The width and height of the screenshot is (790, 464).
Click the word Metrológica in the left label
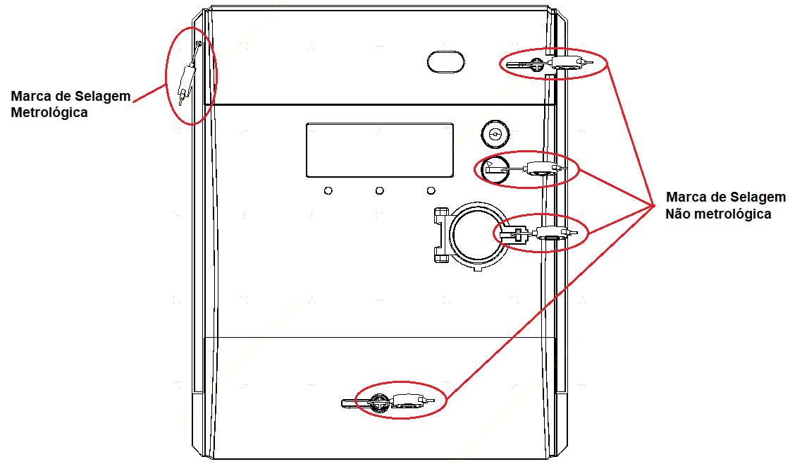49,112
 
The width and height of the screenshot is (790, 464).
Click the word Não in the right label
678,214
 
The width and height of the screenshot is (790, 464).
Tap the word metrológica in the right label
732,214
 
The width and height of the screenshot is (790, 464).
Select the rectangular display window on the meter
379,150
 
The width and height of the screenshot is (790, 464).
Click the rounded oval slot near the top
446,61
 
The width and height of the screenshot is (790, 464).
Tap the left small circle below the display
328,190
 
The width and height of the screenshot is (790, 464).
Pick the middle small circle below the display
379,190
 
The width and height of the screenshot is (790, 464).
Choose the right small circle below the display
431,190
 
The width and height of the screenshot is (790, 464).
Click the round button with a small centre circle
495,134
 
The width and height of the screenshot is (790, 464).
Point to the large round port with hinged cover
474,235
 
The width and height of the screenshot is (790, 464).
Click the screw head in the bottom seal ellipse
379,403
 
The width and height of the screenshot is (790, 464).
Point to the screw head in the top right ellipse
538,64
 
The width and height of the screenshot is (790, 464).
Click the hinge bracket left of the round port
442,235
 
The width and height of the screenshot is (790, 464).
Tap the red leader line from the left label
150,93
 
